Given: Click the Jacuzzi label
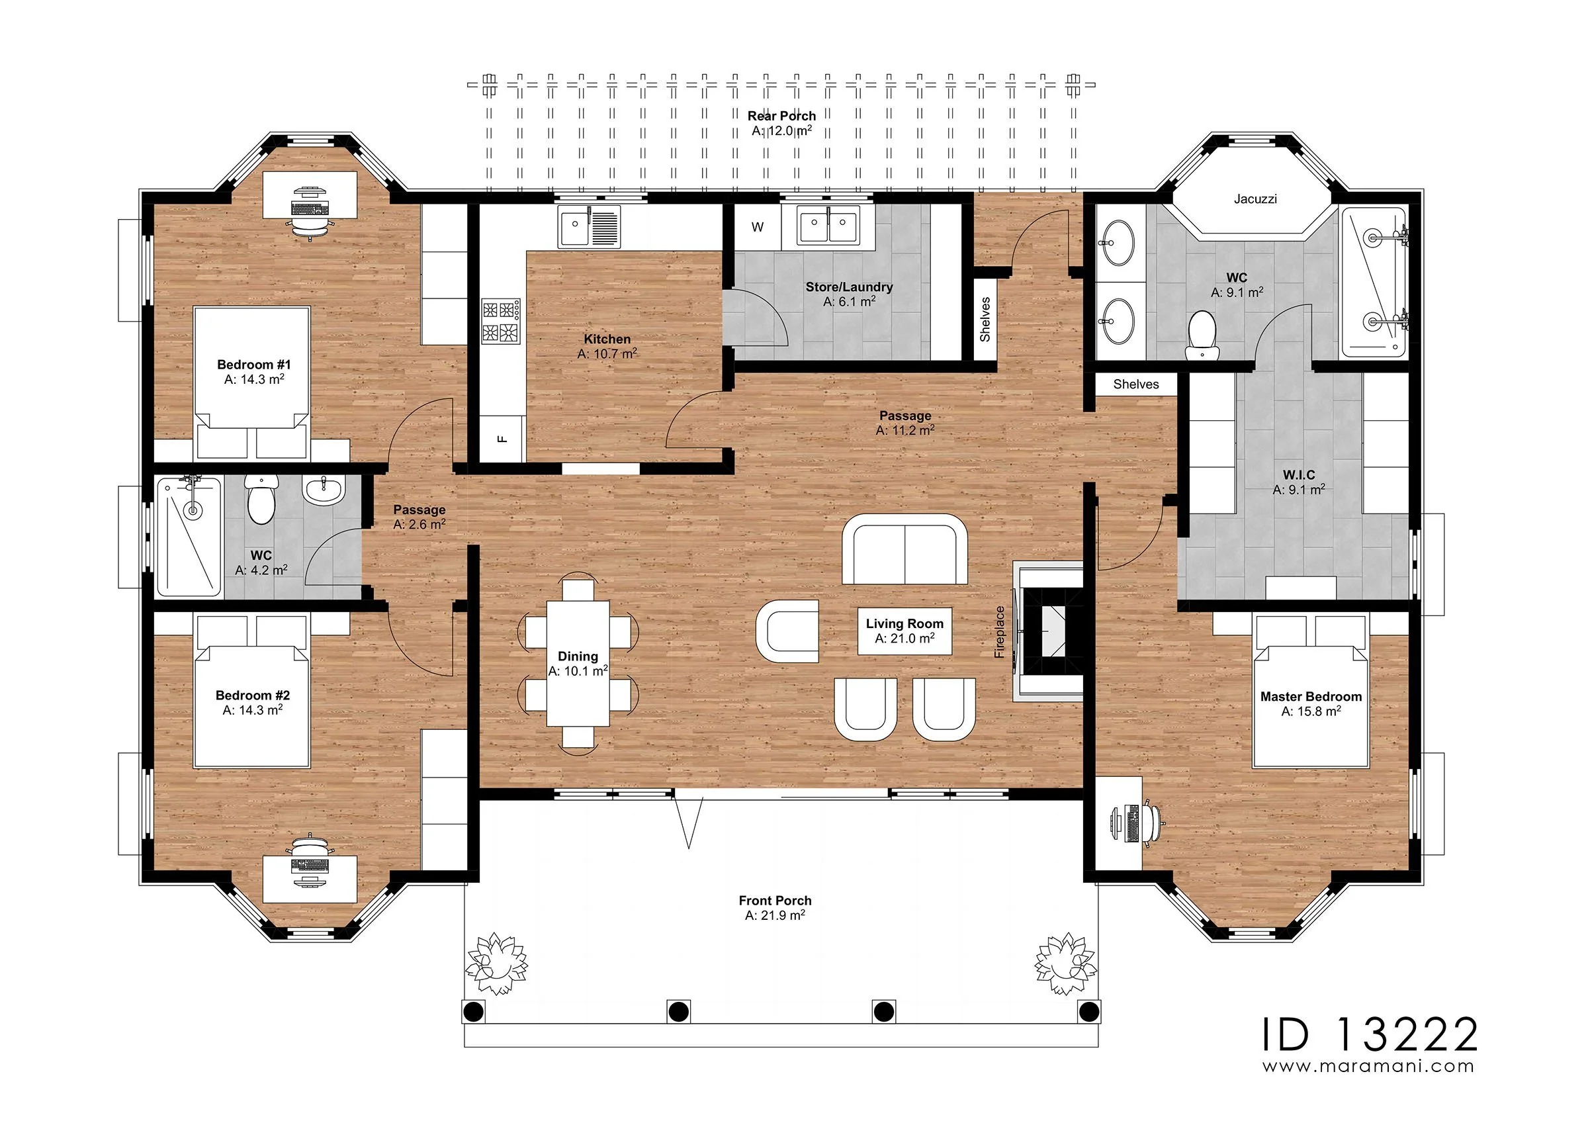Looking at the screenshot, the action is [1255, 199].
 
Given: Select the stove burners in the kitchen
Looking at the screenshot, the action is [502, 321].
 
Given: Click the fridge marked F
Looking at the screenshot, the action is [503, 439].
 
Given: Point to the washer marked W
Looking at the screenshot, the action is [758, 227].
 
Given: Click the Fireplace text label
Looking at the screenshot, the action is [999, 632].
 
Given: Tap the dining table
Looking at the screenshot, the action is [578, 664].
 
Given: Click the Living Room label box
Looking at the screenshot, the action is [904, 631].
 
